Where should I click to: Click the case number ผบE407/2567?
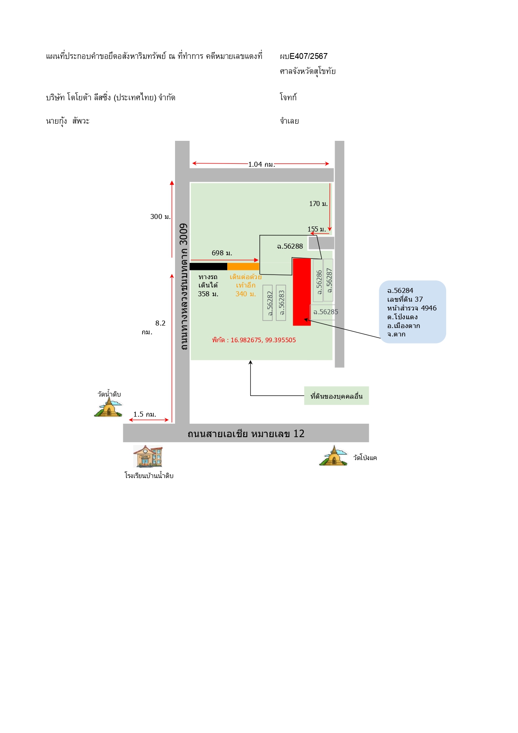[304, 56]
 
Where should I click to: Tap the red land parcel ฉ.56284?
[302, 292]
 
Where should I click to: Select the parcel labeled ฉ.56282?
[268, 303]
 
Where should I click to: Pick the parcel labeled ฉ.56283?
[281, 303]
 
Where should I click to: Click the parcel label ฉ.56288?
[290, 247]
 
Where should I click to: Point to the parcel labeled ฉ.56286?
[318, 280]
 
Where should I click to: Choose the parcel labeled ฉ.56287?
[328, 280]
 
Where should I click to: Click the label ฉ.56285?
[325, 312]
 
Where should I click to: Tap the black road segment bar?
[208, 267]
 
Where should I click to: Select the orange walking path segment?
[243, 267]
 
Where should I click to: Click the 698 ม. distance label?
[222, 253]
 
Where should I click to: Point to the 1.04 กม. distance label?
[262, 164]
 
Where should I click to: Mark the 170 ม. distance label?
[318, 204]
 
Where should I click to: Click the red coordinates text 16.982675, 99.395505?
[263, 340]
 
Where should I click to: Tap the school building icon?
[148, 456]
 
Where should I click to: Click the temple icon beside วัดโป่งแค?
[333, 456]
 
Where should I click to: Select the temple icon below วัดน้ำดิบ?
[108, 407]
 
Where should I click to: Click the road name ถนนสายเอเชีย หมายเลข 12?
[246, 433]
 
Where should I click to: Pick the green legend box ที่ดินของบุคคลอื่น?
[337, 396]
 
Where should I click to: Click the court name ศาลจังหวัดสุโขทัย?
[308, 71]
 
